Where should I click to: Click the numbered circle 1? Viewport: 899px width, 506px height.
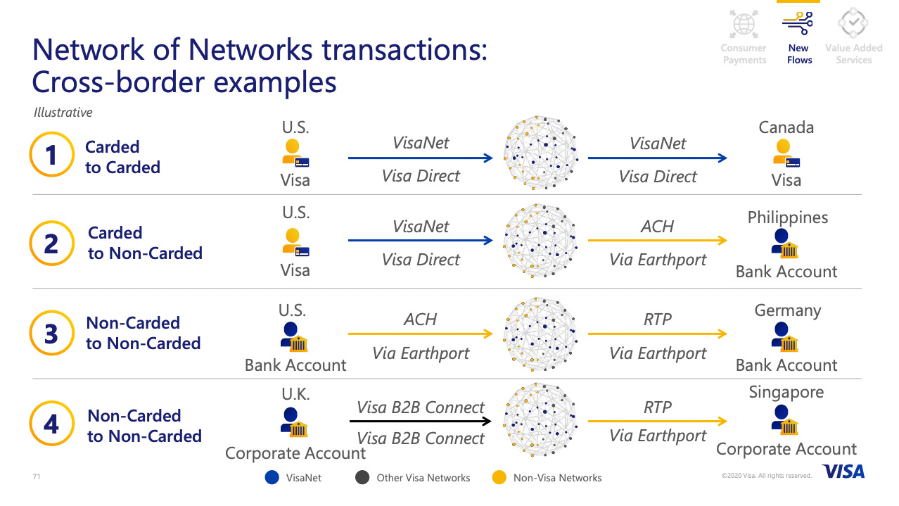click(52, 154)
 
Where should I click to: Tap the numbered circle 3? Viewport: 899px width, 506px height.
click(52, 333)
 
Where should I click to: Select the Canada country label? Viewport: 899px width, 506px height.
click(786, 127)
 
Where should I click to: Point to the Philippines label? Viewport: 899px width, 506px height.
click(787, 217)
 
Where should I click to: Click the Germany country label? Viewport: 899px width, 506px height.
click(787, 311)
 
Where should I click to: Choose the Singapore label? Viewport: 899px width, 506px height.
click(786, 393)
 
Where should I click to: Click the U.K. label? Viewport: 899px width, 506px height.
click(295, 394)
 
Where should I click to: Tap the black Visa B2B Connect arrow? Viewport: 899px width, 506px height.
click(420, 422)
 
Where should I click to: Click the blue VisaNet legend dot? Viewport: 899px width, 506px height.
click(272, 477)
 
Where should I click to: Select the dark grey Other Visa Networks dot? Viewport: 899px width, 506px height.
click(362, 477)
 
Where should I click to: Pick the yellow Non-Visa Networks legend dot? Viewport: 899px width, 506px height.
click(499, 477)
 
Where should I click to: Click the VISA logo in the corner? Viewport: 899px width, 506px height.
click(843, 472)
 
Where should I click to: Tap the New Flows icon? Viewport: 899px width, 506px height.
click(798, 23)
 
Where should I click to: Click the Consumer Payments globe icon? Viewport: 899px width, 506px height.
click(744, 24)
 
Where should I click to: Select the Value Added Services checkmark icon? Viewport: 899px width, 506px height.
click(853, 23)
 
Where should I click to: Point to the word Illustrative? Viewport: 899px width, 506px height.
click(63, 113)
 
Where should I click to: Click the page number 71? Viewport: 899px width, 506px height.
click(37, 476)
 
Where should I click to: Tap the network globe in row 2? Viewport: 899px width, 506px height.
click(540, 241)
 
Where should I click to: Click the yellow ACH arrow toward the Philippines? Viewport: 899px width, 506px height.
click(658, 241)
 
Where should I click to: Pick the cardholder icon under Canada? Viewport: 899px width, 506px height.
click(786, 153)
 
